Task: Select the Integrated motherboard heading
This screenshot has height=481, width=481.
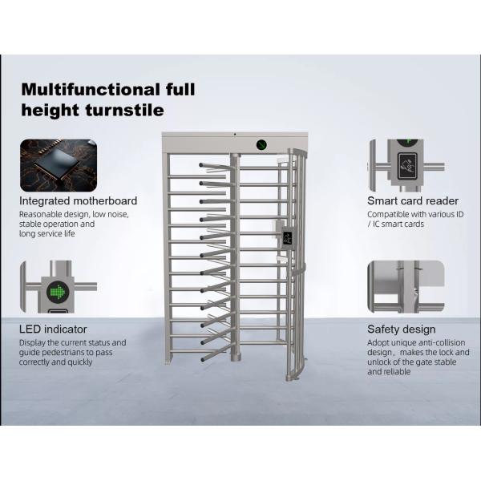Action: [x=79, y=200]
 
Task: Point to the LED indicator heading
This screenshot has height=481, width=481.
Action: [x=53, y=329]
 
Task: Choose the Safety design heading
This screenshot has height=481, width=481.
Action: [x=402, y=329]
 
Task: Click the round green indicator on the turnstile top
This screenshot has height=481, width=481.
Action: [x=261, y=145]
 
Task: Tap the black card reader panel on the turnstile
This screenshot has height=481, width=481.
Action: [x=286, y=236]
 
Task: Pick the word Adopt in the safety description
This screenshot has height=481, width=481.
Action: [x=379, y=342]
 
